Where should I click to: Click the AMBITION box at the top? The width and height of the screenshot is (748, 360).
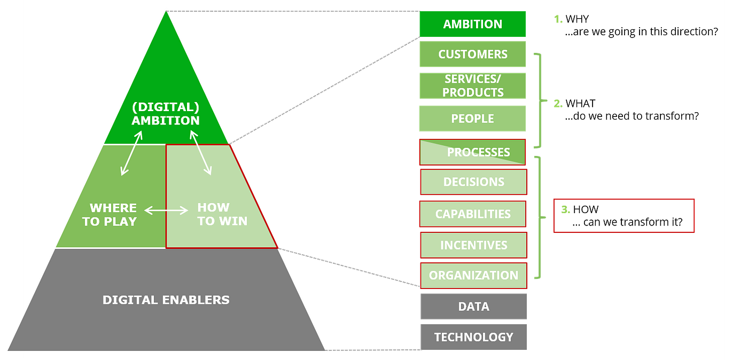(x=472, y=24)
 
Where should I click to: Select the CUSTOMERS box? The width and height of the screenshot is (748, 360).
(x=472, y=54)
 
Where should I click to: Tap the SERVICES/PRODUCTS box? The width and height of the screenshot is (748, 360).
(x=472, y=86)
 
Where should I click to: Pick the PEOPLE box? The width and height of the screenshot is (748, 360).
(x=472, y=119)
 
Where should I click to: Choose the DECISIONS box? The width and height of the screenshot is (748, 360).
(x=473, y=182)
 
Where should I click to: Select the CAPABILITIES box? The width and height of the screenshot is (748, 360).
(x=473, y=214)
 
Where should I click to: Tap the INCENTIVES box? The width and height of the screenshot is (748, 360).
(x=473, y=245)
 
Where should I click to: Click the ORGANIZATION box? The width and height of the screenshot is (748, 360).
(x=473, y=276)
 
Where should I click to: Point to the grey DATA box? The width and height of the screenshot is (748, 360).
(x=473, y=307)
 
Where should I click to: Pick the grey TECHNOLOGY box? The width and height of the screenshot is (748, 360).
(x=473, y=337)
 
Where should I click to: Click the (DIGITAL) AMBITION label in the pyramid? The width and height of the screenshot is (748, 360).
(x=166, y=113)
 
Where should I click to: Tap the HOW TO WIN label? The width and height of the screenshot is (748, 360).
(x=222, y=214)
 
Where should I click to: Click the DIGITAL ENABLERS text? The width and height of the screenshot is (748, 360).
(x=166, y=300)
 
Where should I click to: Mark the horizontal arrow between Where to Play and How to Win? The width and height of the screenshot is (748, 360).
(x=167, y=211)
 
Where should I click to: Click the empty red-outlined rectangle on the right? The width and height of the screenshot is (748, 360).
(x=624, y=216)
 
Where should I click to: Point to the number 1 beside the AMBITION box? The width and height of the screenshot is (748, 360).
(x=558, y=20)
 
